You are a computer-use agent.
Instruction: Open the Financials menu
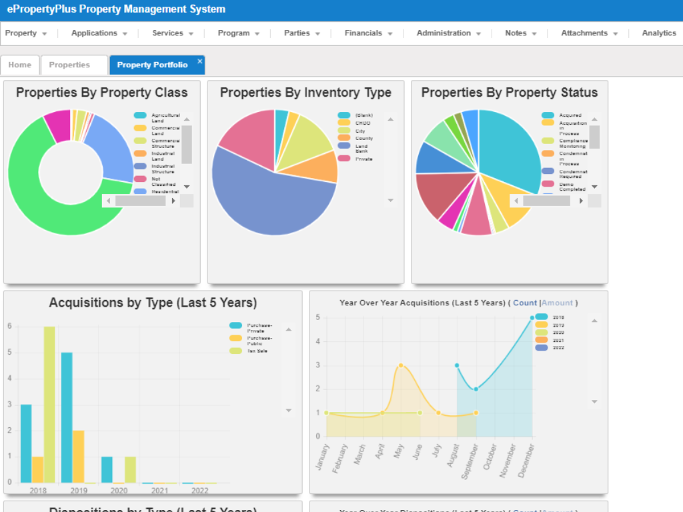(x=368, y=33)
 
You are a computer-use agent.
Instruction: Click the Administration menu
(x=448, y=33)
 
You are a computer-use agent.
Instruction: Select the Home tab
(x=20, y=65)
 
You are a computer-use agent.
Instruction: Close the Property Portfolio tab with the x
(x=199, y=61)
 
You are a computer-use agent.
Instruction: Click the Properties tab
(x=69, y=65)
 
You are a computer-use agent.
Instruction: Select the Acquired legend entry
(x=570, y=115)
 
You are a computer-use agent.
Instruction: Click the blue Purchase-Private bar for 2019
(x=67, y=417)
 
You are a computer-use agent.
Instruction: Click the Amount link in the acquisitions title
(x=557, y=303)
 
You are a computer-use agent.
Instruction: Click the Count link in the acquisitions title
(x=525, y=303)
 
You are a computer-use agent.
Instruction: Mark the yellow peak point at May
(x=401, y=365)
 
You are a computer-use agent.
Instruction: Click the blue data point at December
(x=532, y=318)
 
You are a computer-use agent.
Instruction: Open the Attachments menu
(x=589, y=33)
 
